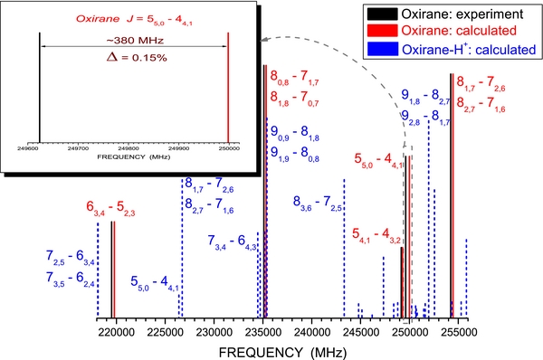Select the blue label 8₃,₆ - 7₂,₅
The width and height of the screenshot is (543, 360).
tap(319, 202)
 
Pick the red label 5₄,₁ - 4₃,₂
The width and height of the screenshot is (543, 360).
tap(377, 236)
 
